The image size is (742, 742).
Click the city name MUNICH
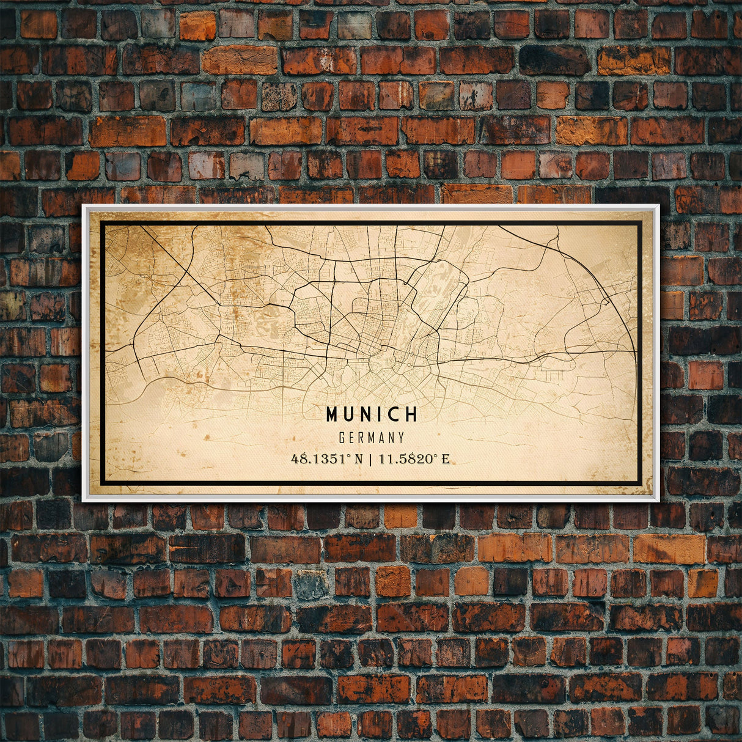click(372, 414)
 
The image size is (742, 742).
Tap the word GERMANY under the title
click(372, 438)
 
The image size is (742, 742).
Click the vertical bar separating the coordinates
click(370, 458)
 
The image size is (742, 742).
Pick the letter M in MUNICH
click(332, 414)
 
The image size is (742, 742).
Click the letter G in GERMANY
click(342, 438)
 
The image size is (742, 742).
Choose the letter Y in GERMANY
click(401, 438)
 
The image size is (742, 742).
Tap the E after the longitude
click(446, 458)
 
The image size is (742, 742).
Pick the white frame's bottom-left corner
click(84, 501)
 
